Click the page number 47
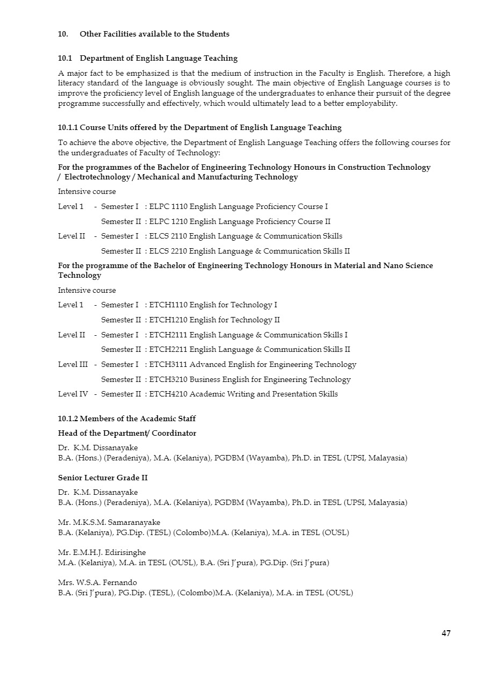click(x=446, y=633)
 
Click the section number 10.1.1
click(x=68, y=128)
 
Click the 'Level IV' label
click(x=72, y=394)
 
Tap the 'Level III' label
click(x=72, y=365)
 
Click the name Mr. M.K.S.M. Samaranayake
click(x=109, y=523)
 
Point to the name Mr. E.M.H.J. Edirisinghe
click(x=102, y=553)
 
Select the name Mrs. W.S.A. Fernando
click(x=97, y=583)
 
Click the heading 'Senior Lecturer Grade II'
click(x=103, y=478)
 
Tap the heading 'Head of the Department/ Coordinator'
click(x=127, y=434)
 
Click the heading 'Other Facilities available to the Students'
click(x=154, y=34)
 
